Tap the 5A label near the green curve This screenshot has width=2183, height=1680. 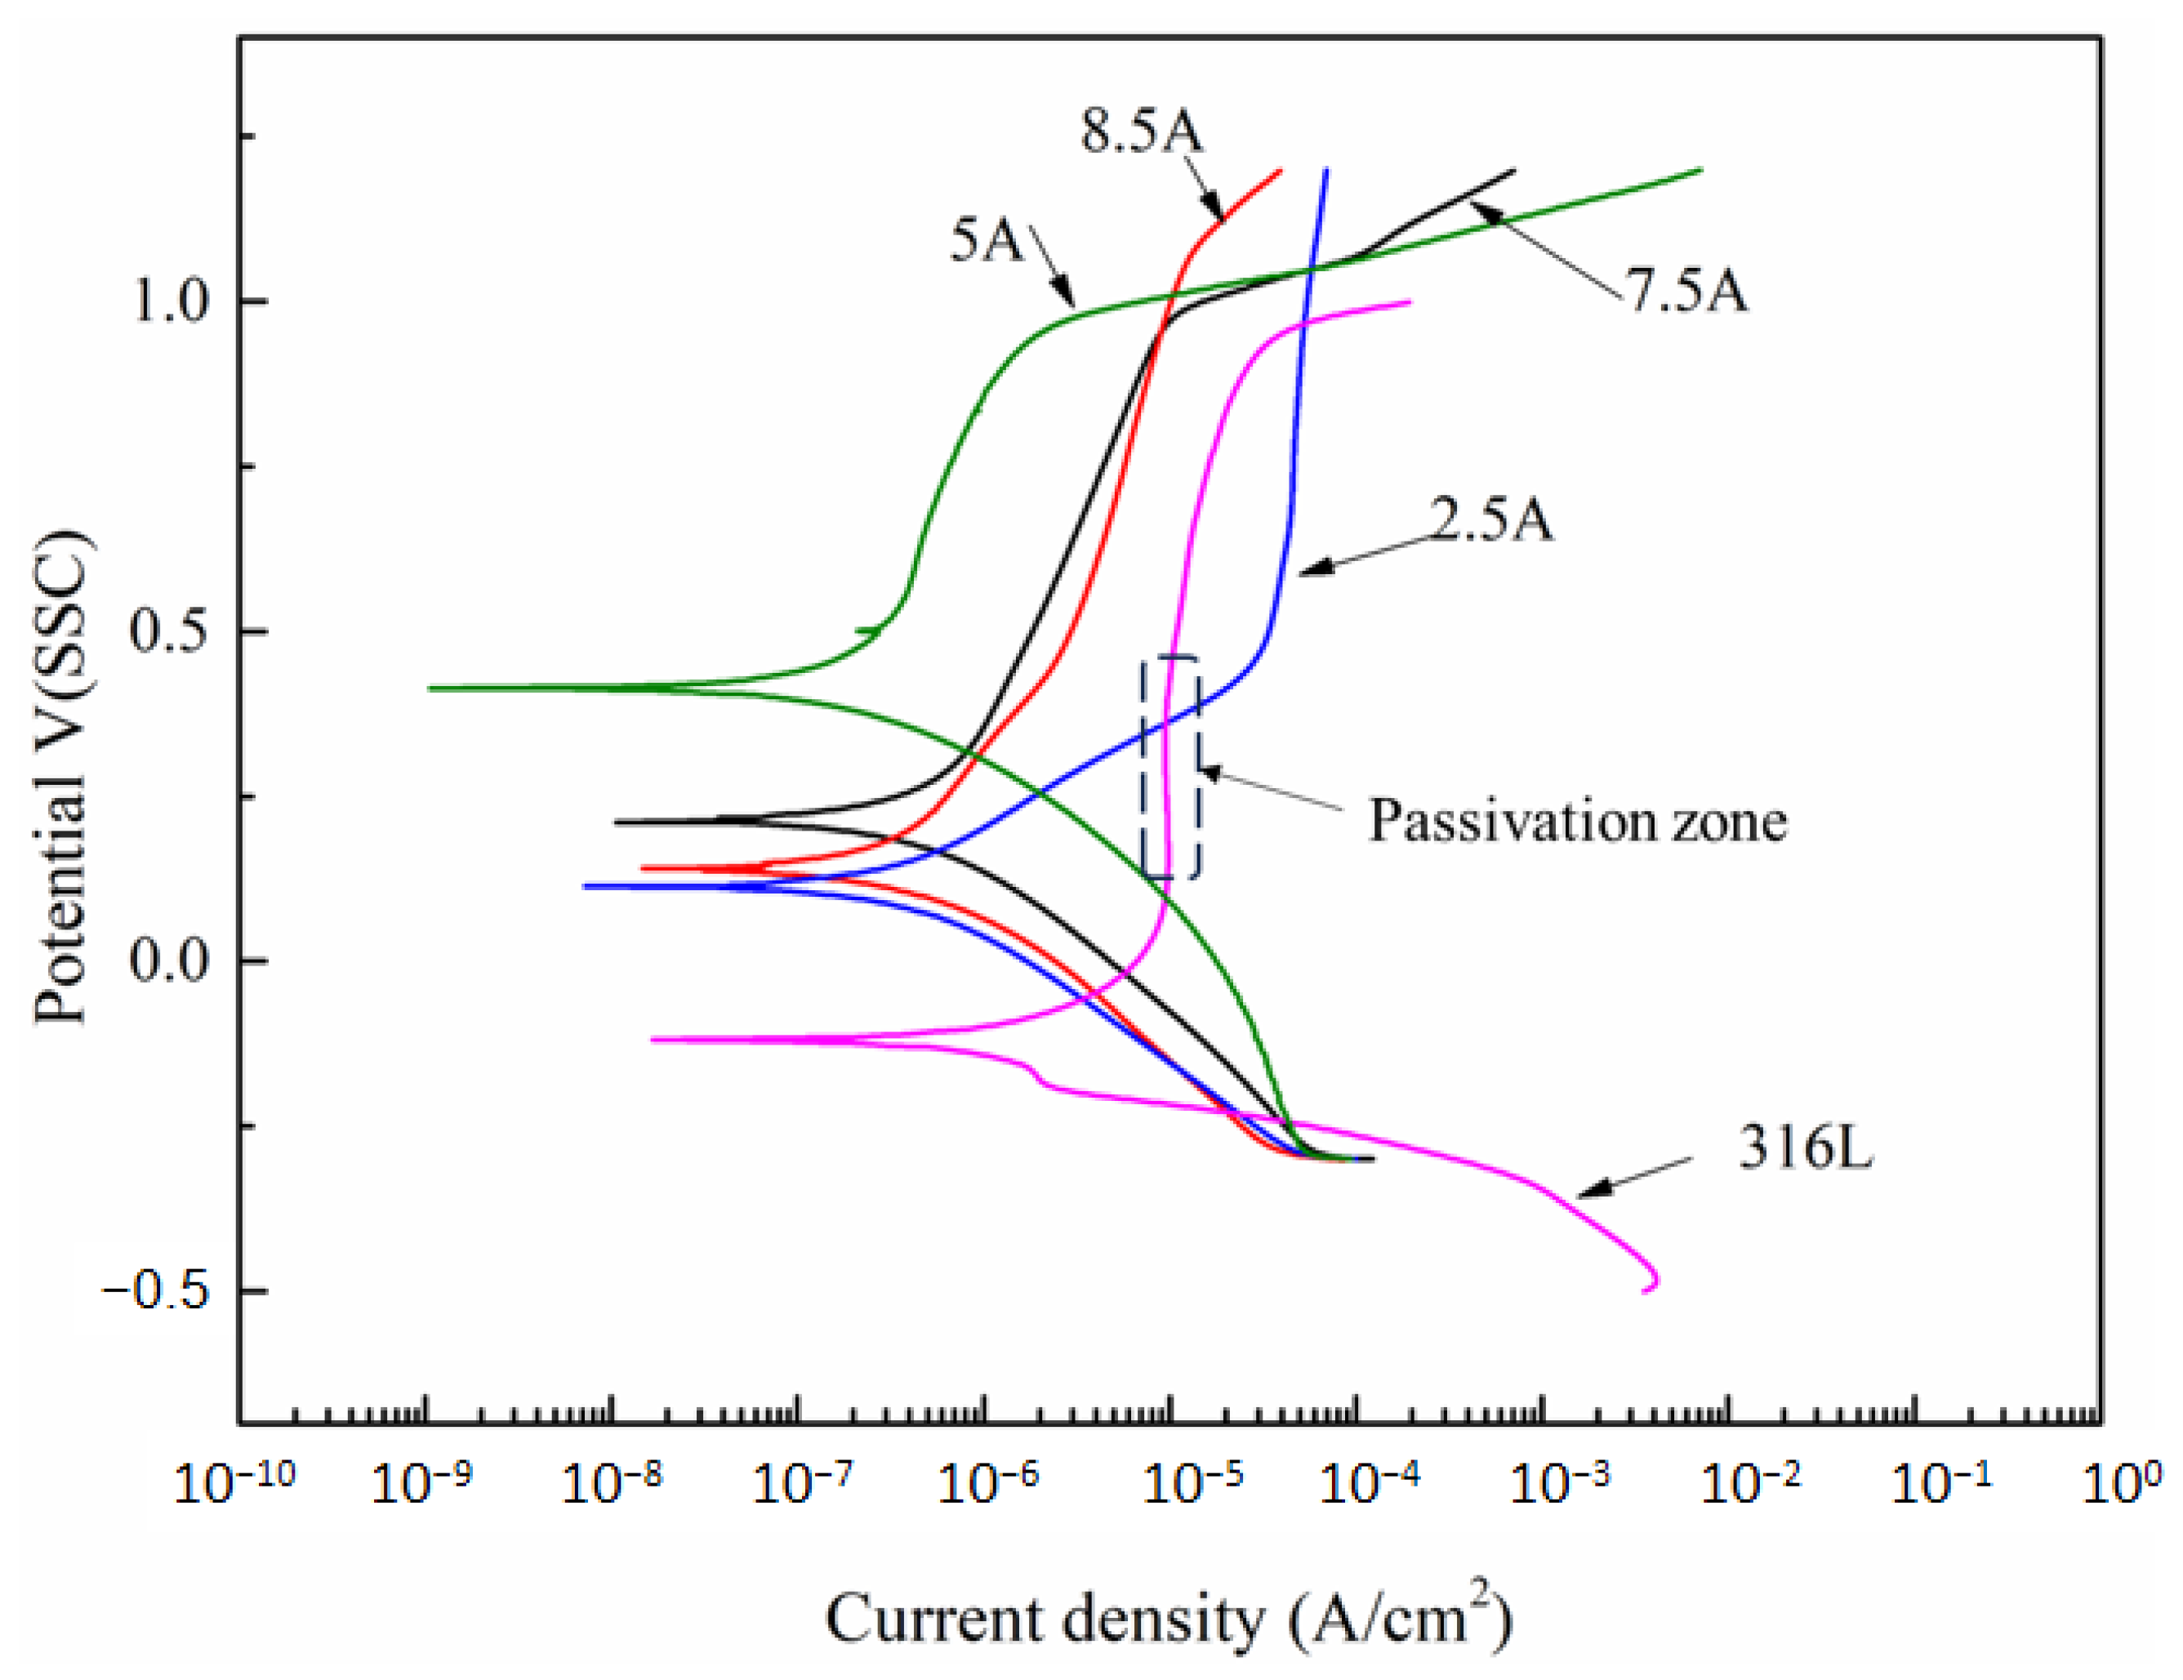point(986,240)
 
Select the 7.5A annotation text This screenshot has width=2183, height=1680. point(1688,292)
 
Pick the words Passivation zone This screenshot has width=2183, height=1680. point(1577,822)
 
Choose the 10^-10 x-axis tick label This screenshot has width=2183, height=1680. point(235,1484)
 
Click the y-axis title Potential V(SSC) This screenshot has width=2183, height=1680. point(62,779)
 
